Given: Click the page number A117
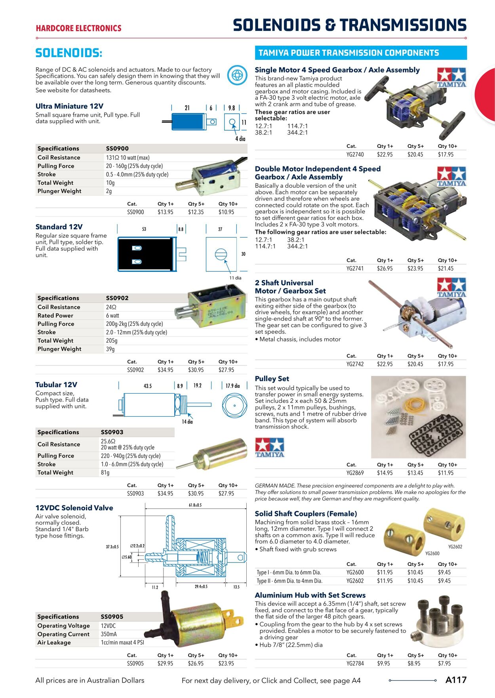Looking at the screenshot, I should [456, 680].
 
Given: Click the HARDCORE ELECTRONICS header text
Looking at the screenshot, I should [78, 29].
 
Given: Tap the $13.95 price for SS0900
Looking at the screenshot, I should [165, 212].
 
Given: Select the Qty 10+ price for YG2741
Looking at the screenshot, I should [445, 269].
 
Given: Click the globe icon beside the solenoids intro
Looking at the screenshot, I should [237, 75].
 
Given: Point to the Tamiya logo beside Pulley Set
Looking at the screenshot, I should [270, 448].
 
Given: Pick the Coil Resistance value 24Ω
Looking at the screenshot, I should [111, 307].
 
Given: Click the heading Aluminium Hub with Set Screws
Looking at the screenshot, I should [310, 595].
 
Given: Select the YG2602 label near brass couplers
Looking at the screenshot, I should [455, 547].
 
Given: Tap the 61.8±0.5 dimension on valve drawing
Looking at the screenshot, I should [195, 505].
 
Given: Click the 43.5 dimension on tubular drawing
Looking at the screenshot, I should [148, 386].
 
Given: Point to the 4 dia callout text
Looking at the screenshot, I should [240, 139].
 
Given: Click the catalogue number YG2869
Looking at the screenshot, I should [355, 473].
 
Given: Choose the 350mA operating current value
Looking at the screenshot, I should [109, 634].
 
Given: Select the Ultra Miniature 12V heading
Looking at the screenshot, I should [69, 106].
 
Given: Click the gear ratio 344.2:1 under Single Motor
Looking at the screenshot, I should [297, 133].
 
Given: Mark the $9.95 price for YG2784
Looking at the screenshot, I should [383, 664].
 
